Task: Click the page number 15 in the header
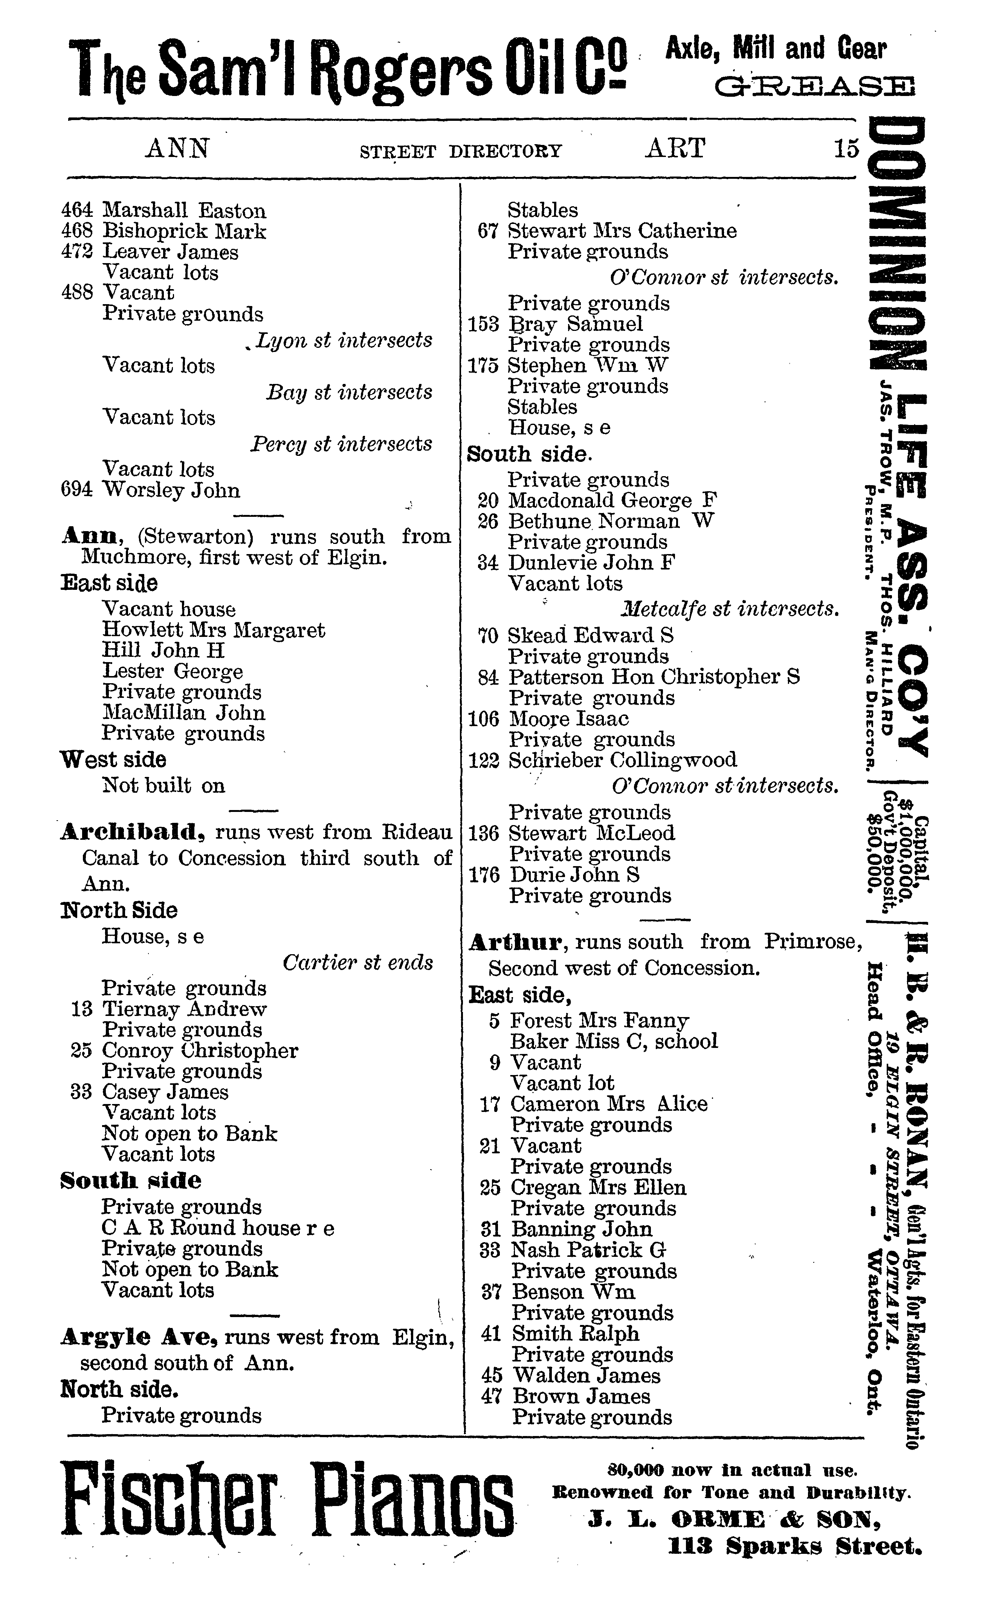[847, 149]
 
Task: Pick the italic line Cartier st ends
[357, 962]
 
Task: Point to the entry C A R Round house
[218, 1228]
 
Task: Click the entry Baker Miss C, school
[614, 1042]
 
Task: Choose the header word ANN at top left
[177, 149]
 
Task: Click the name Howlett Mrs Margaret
[213, 630]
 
